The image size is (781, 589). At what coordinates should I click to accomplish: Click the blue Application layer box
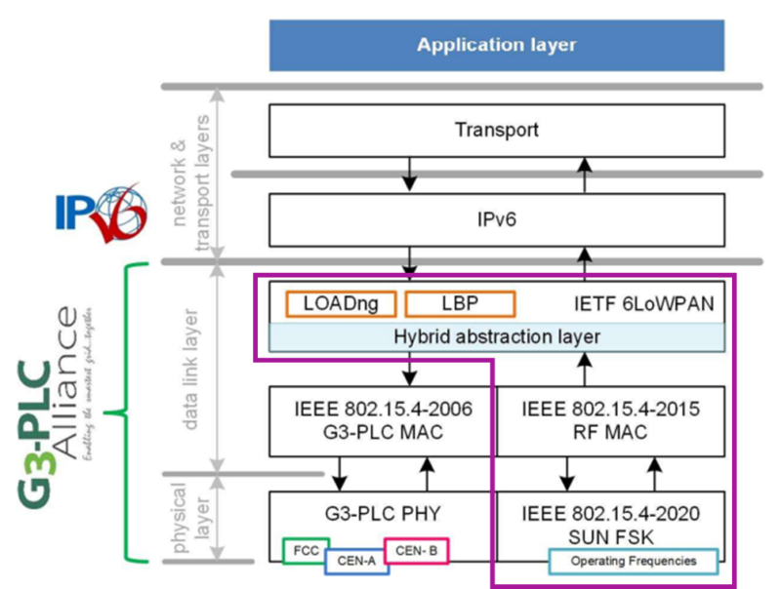coord(497,45)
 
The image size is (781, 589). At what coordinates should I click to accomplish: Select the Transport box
coord(497,130)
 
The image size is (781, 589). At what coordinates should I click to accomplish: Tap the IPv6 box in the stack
coord(497,220)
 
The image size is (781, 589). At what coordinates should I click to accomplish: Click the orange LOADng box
coord(340,304)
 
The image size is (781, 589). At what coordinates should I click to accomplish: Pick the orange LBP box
coord(459,304)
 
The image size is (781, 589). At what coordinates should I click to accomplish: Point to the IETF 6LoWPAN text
coord(643,304)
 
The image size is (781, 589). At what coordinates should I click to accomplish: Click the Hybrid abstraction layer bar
coord(497,336)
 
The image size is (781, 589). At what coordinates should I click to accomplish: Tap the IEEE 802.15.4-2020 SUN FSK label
coord(611,517)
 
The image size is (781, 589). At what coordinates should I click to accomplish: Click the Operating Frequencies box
coord(633,561)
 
